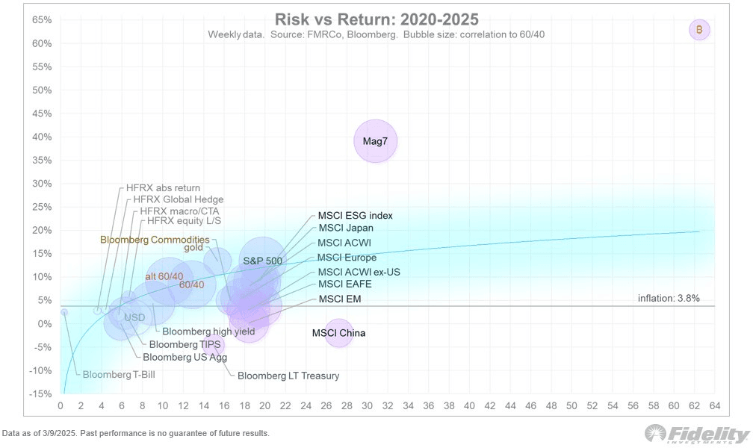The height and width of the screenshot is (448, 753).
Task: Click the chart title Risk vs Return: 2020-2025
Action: tap(376, 19)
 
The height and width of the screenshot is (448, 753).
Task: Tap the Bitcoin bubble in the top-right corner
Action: tap(699, 30)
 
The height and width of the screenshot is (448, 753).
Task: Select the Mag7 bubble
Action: tap(375, 140)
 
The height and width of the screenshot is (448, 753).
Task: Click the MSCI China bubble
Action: tap(338, 333)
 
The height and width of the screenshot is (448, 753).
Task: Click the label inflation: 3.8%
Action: tap(669, 299)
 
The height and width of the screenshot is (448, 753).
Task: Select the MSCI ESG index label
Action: tap(355, 216)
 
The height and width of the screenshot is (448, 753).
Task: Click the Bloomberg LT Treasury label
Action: tap(288, 376)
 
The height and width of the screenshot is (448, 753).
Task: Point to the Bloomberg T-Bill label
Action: tap(119, 374)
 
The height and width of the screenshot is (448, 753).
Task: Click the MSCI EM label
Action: tap(340, 299)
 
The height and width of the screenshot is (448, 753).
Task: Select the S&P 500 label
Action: tap(262, 261)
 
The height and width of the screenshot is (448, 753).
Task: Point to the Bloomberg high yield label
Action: tap(208, 332)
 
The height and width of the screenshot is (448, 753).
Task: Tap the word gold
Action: tap(193, 248)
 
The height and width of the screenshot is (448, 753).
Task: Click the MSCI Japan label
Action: tap(345, 228)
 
